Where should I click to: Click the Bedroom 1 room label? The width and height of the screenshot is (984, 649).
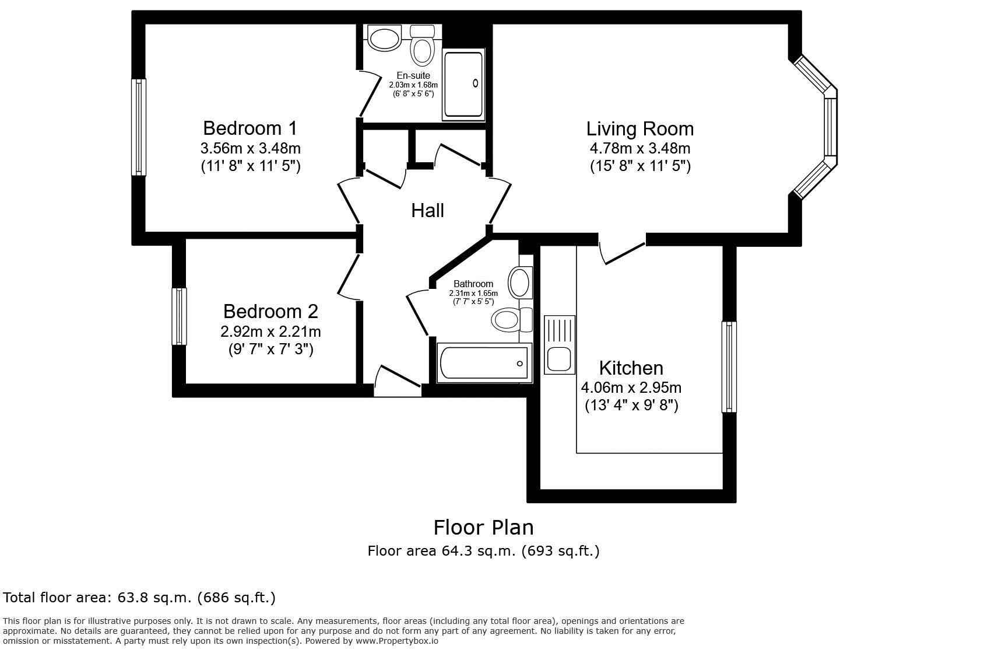tap(250, 127)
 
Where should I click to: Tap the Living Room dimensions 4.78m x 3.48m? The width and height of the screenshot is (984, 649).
tap(639, 148)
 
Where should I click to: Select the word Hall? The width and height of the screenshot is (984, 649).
tap(427, 211)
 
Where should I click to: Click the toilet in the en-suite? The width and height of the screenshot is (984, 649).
tap(422, 47)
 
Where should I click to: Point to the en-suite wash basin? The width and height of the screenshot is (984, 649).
tap(384, 39)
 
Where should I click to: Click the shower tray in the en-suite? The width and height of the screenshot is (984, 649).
tap(463, 85)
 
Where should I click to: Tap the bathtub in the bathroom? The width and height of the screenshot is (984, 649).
tap(484, 363)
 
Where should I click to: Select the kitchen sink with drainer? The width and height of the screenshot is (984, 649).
tap(560, 344)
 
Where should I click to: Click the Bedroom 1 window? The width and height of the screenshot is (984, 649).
tap(139, 127)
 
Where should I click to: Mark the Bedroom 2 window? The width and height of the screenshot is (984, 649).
tap(180, 316)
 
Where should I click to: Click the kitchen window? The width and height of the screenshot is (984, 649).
tap(729, 367)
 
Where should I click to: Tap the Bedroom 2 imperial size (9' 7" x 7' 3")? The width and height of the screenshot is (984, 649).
tap(270, 350)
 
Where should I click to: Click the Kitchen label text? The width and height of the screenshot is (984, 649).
tap(631, 368)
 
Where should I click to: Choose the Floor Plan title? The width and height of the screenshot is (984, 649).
tap(483, 528)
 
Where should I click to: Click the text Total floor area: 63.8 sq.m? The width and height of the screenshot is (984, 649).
tap(139, 598)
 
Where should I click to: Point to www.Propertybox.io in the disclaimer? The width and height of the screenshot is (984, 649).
tap(396, 641)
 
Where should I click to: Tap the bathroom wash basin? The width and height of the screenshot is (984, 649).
tap(519, 282)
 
